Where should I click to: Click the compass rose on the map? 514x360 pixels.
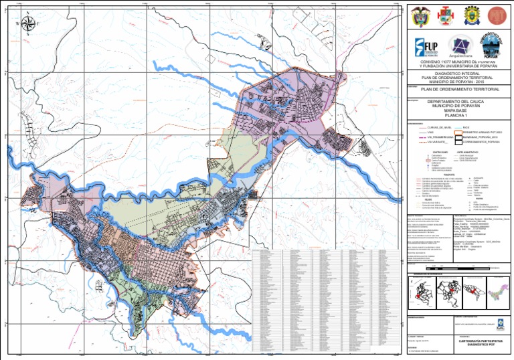[28, 24]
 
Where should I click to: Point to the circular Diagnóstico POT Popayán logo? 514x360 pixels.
[492, 46]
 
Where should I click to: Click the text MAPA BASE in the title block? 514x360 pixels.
[458, 111]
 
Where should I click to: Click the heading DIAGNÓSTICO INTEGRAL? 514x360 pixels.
[458, 74]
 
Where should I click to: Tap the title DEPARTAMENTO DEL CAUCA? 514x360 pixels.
[458, 102]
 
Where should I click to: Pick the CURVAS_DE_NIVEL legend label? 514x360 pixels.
[436, 127]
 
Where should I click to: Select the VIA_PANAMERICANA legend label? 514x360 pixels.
[438, 138]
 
